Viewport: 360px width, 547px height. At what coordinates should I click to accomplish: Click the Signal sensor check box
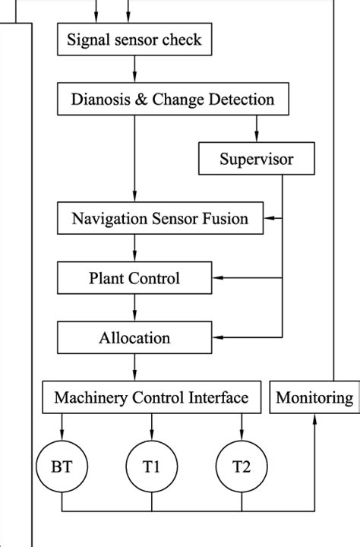[134, 39]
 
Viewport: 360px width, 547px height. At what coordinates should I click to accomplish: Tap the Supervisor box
[256, 159]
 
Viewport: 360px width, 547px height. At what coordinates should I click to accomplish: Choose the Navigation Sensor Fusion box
[159, 219]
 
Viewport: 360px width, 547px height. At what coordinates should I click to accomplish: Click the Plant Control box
[134, 278]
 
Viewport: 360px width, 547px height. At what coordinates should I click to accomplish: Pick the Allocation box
[134, 337]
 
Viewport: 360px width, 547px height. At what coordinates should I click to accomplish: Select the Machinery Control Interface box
[151, 397]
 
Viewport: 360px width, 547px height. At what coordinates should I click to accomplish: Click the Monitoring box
[314, 397]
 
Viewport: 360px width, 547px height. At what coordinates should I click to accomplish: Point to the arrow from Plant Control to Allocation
[134, 308]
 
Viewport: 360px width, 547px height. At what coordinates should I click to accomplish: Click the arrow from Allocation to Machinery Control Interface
[134, 368]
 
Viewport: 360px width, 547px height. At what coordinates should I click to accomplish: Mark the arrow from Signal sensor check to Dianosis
[134, 70]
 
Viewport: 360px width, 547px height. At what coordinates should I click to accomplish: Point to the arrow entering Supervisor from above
[256, 131]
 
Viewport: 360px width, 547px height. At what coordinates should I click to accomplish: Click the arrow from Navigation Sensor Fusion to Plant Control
[134, 249]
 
